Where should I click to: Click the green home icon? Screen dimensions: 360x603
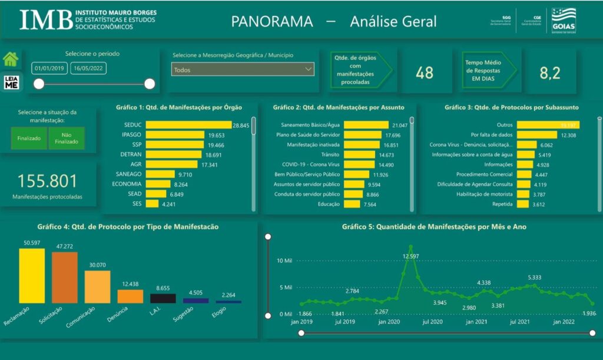pos(11,59)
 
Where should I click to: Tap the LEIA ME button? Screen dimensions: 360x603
pos(11,82)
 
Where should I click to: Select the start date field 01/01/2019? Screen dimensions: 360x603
pos(49,68)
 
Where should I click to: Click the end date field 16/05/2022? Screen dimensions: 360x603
pos(88,68)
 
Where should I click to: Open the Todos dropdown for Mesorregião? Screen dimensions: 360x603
pos(243,70)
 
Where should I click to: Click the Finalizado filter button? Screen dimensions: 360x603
pos(28,138)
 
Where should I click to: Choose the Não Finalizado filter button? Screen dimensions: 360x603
pos(67,138)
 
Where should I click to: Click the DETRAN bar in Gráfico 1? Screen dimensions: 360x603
pos(174,154)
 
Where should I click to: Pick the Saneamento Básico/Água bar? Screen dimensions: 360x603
pos(366,125)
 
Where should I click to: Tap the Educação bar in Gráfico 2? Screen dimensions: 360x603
pos(352,204)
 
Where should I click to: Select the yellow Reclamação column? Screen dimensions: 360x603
pos(32,276)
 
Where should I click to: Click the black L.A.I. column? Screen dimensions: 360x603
pos(163,298)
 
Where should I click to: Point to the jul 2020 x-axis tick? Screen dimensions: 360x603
pos(432,322)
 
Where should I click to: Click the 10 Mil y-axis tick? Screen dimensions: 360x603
pos(284,260)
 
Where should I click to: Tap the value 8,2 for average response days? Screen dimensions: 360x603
pos(550,72)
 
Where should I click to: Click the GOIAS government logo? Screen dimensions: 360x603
pos(564,21)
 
